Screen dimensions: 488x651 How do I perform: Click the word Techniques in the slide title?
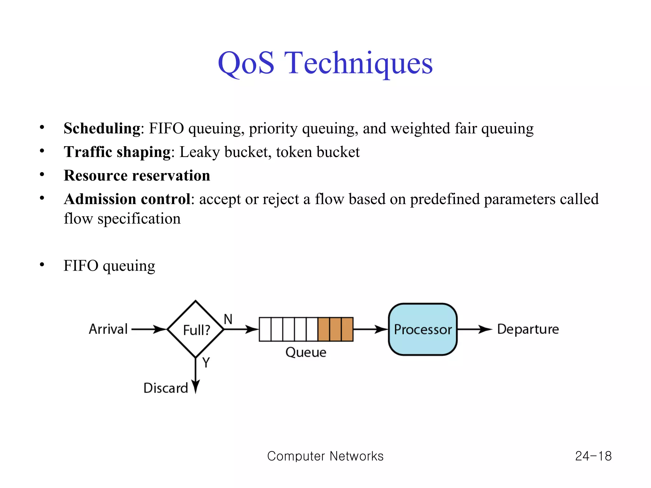(359, 63)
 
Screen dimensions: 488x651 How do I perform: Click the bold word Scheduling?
(102, 129)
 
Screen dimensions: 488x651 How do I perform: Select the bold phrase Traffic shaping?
(117, 152)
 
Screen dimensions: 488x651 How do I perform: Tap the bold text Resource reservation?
(137, 176)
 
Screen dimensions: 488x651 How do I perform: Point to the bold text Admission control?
(127, 199)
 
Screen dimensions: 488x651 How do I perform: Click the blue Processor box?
(422, 329)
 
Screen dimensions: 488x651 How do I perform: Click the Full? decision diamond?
(196, 329)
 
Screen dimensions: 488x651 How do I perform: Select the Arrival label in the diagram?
(108, 329)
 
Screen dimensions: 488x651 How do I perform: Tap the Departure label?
(528, 329)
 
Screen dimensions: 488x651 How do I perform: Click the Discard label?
(165, 388)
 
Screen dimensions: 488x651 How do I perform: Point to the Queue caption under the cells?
(305, 352)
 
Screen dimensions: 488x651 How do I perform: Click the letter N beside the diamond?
(228, 319)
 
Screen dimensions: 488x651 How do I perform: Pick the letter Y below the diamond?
(206, 363)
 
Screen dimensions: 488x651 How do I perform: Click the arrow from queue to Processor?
(370, 329)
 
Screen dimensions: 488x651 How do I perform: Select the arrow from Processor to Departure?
(474, 329)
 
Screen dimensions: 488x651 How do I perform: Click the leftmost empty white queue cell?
(265, 329)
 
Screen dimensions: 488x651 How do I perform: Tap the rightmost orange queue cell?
(347, 329)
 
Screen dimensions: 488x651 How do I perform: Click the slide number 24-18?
(593, 456)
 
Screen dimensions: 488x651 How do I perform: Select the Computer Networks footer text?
(325, 456)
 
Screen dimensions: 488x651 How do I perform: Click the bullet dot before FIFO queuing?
(42, 265)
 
